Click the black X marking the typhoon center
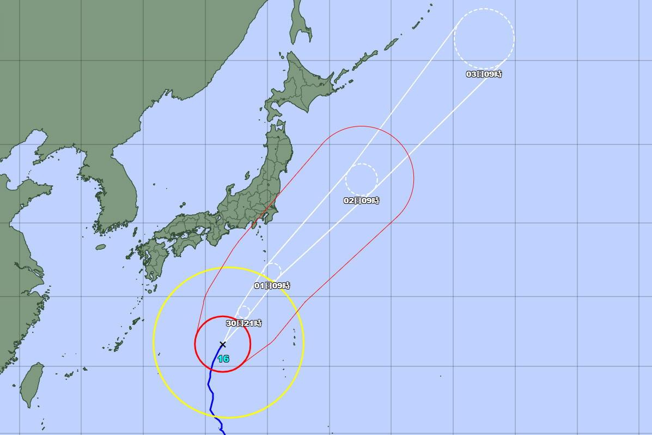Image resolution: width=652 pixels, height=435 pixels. (x=222, y=344)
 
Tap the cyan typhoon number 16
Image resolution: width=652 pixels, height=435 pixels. (x=223, y=359)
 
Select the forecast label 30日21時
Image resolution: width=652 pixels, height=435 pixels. (x=243, y=323)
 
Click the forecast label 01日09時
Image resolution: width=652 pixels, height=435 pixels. (x=272, y=286)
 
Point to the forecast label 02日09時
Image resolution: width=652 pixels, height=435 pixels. (x=361, y=201)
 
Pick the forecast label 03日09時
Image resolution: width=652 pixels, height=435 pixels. (x=484, y=74)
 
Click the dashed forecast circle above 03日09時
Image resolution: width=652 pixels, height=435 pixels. (x=484, y=39)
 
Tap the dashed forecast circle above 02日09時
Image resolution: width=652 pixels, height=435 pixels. (x=361, y=180)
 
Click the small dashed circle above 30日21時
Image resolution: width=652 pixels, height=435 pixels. (x=243, y=311)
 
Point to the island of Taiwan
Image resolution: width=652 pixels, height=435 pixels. (x=32, y=384)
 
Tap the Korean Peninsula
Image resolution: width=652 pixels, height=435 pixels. (x=109, y=191)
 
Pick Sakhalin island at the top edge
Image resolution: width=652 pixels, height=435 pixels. (x=300, y=22)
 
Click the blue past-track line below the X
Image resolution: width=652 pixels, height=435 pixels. (x=210, y=382)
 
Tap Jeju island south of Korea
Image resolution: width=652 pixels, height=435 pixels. (x=100, y=247)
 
